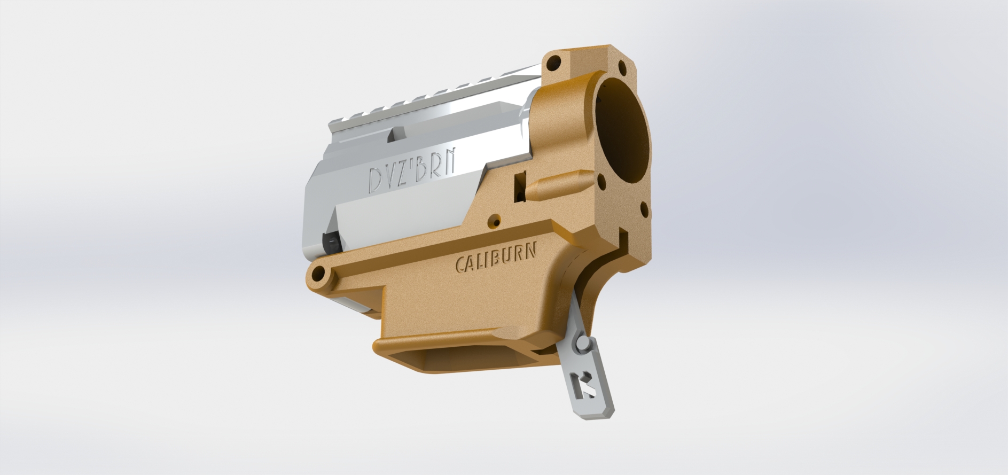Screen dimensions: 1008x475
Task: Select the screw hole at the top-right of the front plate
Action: click(622, 68)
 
